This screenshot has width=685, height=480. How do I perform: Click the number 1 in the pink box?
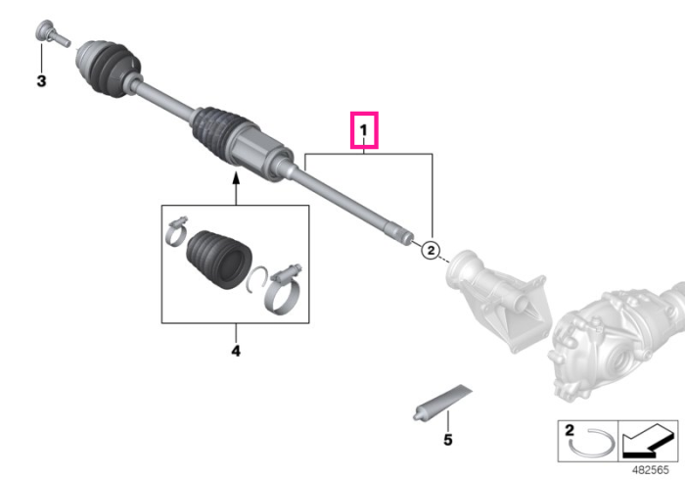(363, 130)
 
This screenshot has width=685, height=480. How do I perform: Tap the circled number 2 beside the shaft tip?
(431, 250)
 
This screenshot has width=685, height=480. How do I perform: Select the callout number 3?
(41, 81)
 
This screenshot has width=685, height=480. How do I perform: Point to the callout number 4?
(236, 351)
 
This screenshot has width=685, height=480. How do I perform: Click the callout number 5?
(448, 439)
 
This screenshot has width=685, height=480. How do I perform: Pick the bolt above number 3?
(52, 33)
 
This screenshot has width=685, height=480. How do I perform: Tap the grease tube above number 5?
(442, 403)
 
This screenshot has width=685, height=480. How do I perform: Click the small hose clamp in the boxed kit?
(176, 231)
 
